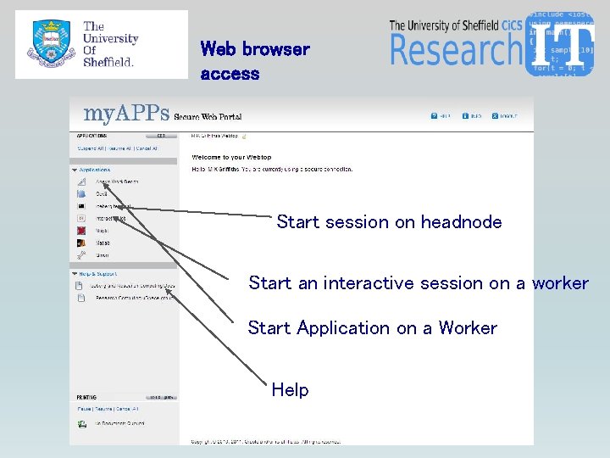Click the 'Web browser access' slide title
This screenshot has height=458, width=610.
tap(255, 61)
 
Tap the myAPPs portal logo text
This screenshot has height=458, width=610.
tap(126, 114)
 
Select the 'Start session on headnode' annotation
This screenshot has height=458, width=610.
tap(389, 222)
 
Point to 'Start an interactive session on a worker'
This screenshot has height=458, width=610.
tap(418, 283)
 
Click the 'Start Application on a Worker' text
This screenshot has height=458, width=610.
tap(372, 328)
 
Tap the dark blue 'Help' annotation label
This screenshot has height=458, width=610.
tap(290, 390)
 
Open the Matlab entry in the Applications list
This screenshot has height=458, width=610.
tap(103, 243)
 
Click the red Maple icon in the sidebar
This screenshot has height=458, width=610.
tap(81, 230)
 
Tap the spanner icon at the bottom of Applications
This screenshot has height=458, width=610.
tap(81, 254)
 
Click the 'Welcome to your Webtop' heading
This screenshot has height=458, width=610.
tap(230, 158)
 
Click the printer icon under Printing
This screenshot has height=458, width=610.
tap(82, 422)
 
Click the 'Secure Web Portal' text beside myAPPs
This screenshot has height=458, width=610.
tap(213, 116)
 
